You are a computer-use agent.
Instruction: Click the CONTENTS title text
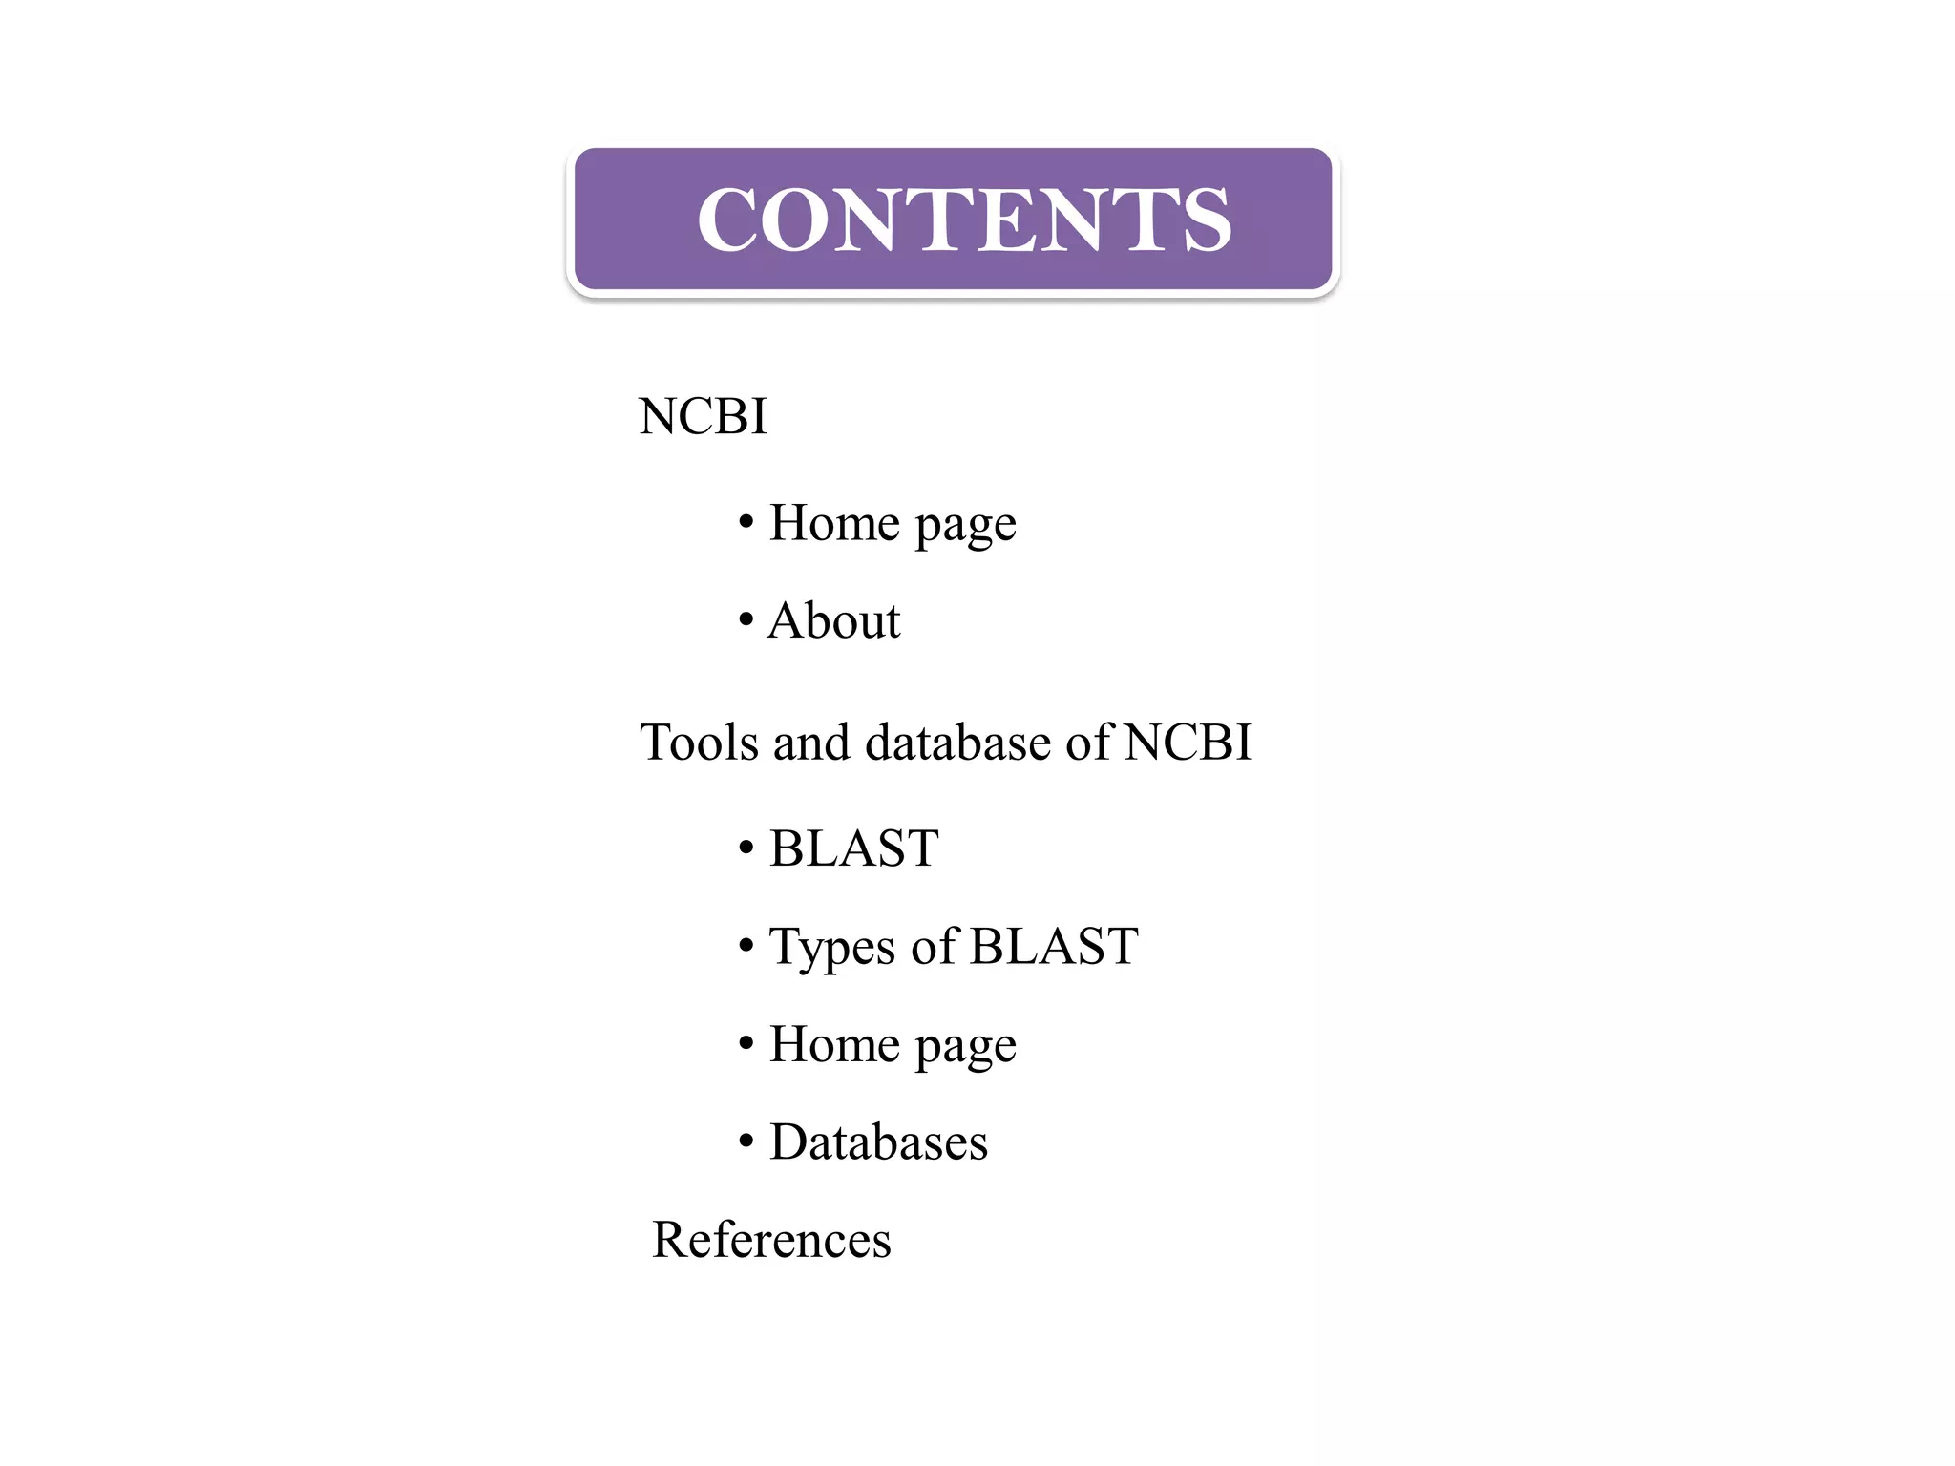(x=964, y=220)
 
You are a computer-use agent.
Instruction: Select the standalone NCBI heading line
(x=703, y=416)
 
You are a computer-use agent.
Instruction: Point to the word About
(x=834, y=621)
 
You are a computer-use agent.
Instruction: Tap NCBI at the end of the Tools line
(x=1188, y=743)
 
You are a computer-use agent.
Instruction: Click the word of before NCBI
(x=1089, y=743)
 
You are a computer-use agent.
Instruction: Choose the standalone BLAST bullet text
(x=853, y=848)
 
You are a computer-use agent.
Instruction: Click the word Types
(x=831, y=948)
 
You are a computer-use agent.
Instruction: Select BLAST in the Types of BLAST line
(x=1054, y=947)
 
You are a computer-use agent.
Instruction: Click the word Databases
(x=878, y=1142)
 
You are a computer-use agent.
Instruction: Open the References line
(x=771, y=1240)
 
